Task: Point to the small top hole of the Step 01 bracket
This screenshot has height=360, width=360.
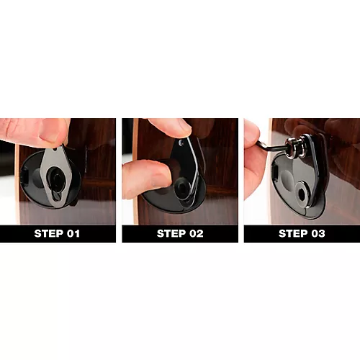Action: (57, 153)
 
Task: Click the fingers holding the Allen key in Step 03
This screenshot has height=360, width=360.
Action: (252, 166)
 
